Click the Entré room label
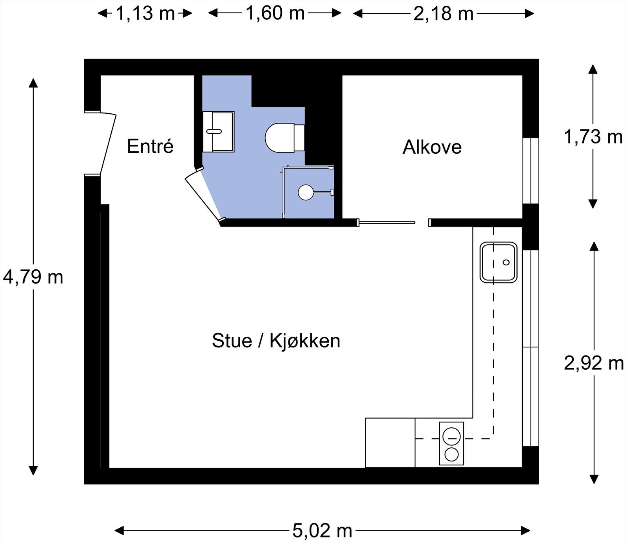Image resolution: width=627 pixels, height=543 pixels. [150, 147]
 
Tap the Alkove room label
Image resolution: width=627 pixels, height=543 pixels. [432, 147]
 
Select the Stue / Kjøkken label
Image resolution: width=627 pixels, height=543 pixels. [276, 341]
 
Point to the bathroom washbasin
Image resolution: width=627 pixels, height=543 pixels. [218, 132]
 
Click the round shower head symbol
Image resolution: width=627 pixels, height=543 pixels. [306, 193]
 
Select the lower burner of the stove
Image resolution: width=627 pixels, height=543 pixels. [451, 455]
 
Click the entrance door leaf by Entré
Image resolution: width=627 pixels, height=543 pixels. [108, 144]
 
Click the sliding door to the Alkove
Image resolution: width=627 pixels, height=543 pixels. [387, 223]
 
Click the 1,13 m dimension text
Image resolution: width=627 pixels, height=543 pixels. [145, 14]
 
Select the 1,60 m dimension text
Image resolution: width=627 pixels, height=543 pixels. [275, 13]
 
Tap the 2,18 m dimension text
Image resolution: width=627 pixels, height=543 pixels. [443, 14]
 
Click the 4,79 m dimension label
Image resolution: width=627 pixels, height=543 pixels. [33, 278]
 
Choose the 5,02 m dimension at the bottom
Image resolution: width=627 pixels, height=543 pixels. [322, 531]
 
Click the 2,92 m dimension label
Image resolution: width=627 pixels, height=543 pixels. [594, 363]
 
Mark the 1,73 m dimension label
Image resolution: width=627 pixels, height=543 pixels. [593, 137]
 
